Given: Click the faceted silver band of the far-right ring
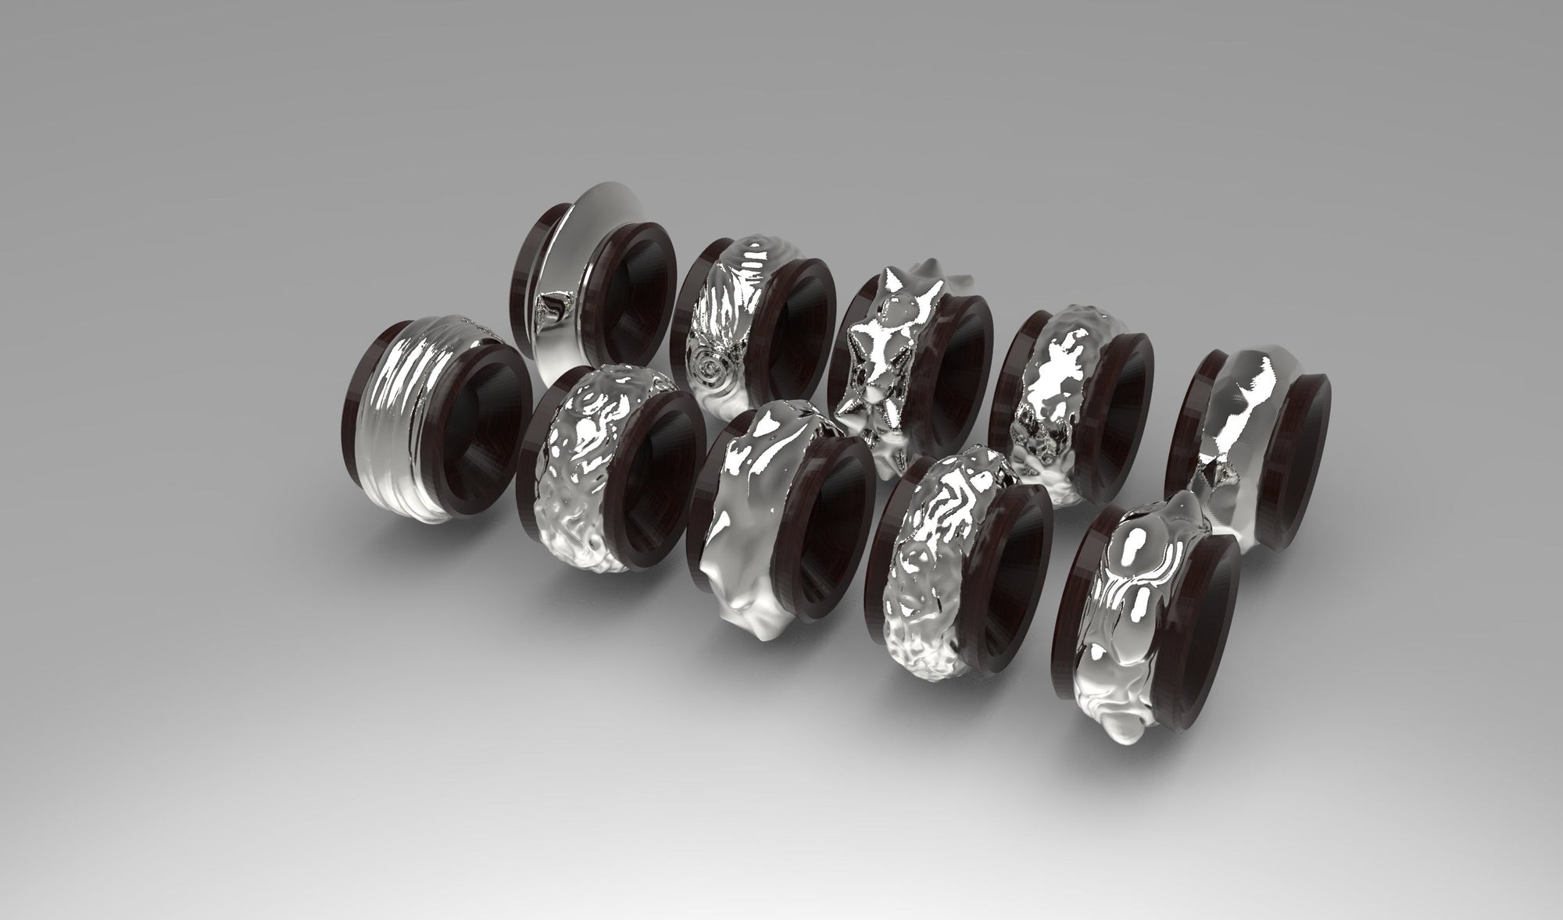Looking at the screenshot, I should pyautogui.click(x=1235, y=406).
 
